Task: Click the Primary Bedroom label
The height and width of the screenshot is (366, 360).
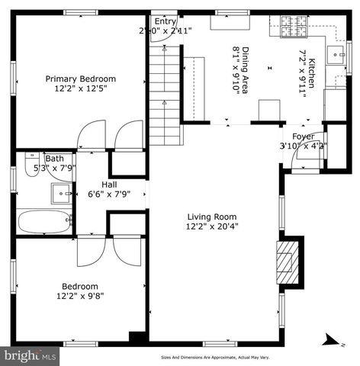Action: [x=80, y=79]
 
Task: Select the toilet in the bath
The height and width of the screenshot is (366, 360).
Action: [x=31, y=167]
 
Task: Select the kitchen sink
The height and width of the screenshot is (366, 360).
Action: [x=336, y=54]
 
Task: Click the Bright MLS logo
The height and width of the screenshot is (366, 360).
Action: [x=30, y=355]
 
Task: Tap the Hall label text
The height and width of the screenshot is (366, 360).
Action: [x=109, y=184]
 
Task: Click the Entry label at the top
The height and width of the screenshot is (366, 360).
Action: [x=164, y=21]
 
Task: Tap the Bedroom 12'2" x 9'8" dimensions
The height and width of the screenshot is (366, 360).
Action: [x=80, y=297]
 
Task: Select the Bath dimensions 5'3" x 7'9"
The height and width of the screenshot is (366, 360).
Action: [x=49, y=169]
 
